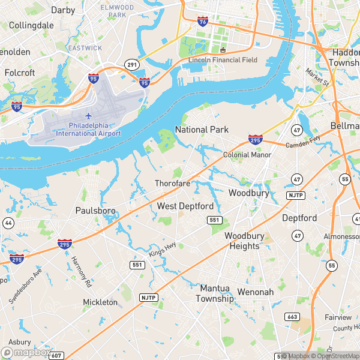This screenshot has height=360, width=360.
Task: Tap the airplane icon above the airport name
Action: coord(89,116)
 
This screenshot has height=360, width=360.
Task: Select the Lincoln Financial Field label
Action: coord(223,60)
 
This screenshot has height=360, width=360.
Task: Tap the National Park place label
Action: coord(202,130)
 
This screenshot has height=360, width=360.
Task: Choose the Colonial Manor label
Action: coord(247,155)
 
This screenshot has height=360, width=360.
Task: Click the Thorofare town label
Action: coord(173,183)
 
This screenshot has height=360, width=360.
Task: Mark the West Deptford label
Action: coord(185,206)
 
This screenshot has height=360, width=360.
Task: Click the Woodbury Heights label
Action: coord(243,241)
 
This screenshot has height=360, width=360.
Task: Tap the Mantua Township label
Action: coord(217,293)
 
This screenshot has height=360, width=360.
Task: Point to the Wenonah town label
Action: coord(256,292)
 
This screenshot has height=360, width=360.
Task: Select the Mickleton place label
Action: coord(100,302)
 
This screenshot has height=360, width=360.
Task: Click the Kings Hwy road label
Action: coord(163,248)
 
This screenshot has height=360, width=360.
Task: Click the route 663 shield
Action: coord(292,316)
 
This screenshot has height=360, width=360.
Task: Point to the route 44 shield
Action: coord(7,223)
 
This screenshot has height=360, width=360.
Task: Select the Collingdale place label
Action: coord(32,26)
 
